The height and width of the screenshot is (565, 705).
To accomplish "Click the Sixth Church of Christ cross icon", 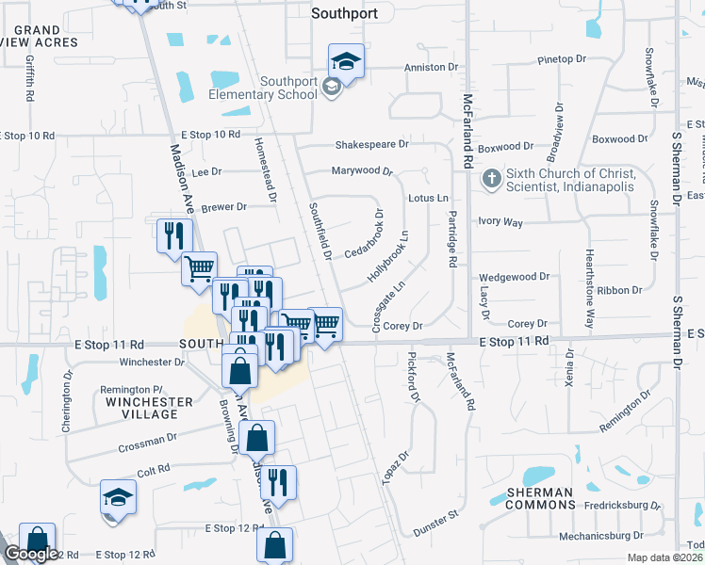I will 491,177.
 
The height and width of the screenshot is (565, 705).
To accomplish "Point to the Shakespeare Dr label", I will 372,145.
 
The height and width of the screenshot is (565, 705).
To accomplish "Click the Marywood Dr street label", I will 361,170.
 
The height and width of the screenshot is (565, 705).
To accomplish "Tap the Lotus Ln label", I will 428,199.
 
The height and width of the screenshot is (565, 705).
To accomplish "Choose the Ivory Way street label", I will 500,222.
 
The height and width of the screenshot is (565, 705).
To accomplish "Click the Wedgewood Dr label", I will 514,277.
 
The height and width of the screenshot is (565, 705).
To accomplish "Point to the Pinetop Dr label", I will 562,59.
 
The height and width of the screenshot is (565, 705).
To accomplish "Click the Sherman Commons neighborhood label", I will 539,498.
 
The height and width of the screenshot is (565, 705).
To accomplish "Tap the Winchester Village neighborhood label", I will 149,408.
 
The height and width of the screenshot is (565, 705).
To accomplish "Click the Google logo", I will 31,554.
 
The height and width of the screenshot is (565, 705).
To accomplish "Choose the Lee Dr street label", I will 205,172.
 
